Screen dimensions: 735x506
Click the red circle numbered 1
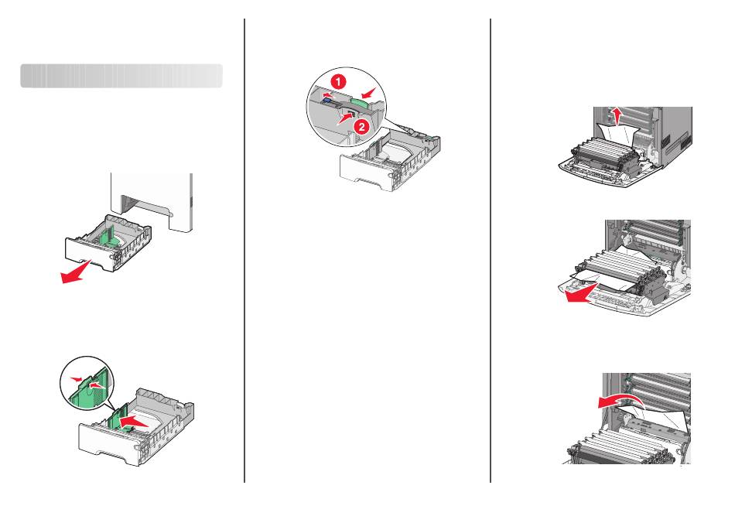coord(338,82)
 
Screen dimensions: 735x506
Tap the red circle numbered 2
coord(361,126)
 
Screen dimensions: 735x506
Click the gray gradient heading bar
coord(121,76)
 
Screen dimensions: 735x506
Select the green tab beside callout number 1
coord(360,104)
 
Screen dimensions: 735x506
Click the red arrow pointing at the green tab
coord(369,91)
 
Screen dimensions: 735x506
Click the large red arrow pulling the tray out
coord(76,273)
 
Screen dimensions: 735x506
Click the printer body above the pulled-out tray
coord(152,200)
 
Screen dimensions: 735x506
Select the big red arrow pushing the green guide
coord(135,421)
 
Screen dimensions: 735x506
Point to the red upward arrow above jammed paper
coord(618,115)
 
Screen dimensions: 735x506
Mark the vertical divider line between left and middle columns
coord(244,251)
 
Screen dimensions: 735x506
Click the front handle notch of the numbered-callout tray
coord(367,180)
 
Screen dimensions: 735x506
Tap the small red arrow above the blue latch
coord(331,94)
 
